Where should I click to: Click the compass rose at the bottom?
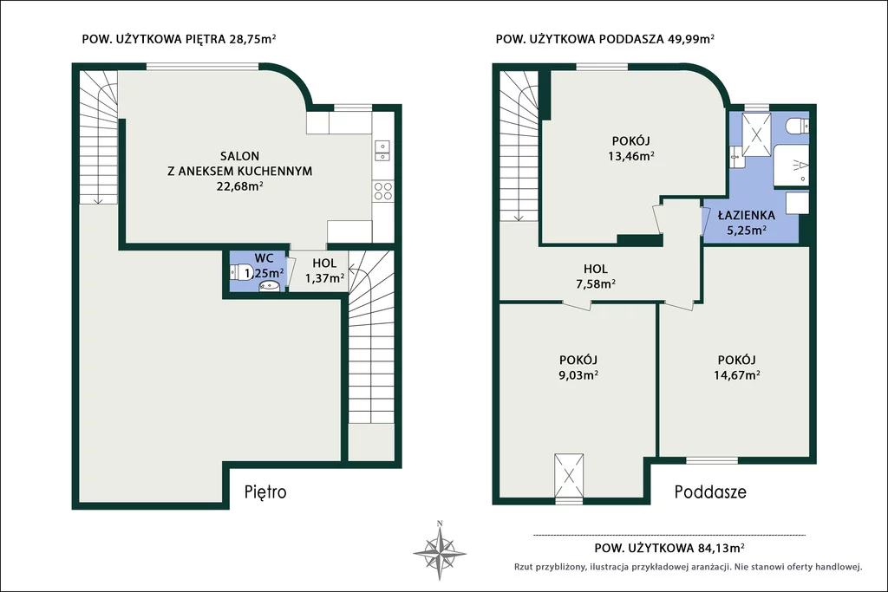[x=440, y=550]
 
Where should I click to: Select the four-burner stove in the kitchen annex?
[x=382, y=191]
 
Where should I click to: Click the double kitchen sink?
[x=382, y=151]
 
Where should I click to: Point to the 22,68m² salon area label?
[x=239, y=186]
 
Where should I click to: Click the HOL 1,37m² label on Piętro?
[x=324, y=270]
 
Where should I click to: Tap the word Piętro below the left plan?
[x=265, y=491]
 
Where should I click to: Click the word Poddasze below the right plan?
[x=710, y=491]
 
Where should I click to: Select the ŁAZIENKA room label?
[x=747, y=215]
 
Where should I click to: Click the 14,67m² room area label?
[x=737, y=374]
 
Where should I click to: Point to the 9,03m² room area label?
[x=578, y=374]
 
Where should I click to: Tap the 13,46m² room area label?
[x=631, y=156]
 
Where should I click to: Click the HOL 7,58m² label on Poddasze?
[x=596, y=276]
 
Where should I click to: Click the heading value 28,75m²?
[x=252, y=39]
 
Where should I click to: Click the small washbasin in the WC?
[x=271, y=287]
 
